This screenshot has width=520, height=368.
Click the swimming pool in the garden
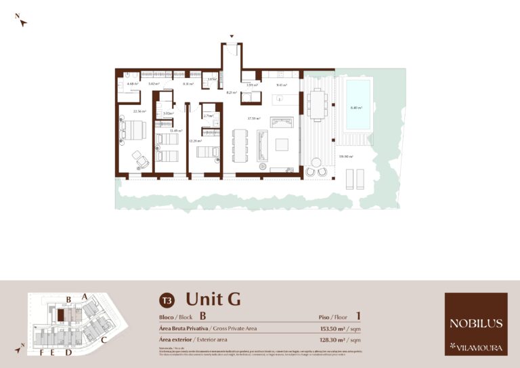click(359, 104)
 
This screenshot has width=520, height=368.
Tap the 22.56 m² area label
click(140, 111)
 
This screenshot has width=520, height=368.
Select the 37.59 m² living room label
click(254, 119)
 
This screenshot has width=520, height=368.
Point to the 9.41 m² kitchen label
click(281, 85)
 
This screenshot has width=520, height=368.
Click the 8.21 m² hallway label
click(231, 92)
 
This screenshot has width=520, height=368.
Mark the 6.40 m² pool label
click(356, 108)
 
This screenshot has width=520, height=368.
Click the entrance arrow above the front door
click(232, 36)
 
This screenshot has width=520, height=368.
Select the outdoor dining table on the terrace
click(317, 105)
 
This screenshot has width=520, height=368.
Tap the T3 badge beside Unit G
click(167, 300)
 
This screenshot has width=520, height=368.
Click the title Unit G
click(213, 299)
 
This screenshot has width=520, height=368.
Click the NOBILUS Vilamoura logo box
click(475, 324)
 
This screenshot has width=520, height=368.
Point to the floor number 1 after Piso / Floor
click(358, 316)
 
